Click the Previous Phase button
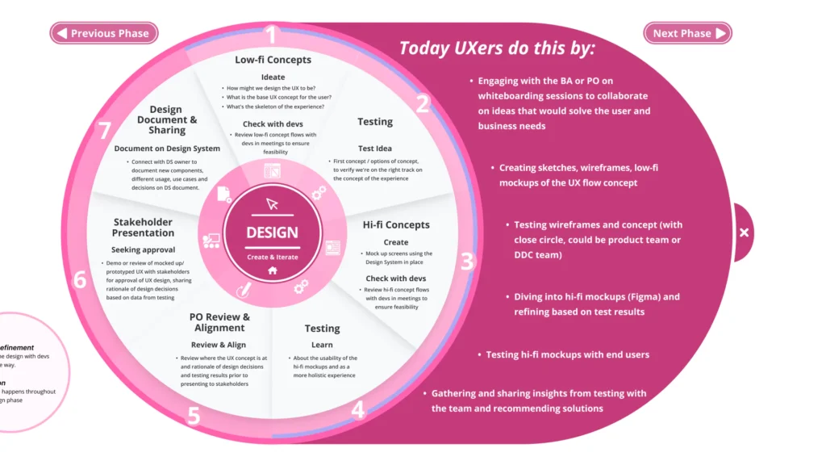104,33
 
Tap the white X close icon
744,232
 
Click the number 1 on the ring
271,35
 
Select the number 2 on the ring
423,104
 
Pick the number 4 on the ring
358,410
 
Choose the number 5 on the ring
194,416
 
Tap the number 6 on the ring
79,280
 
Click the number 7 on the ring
104,131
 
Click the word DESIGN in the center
272,232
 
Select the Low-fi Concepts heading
273,60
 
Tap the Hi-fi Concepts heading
396,224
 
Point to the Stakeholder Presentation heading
143,228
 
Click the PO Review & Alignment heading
219,322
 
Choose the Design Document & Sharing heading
167,119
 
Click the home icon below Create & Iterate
273,271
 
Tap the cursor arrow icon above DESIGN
272,203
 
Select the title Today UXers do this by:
497,48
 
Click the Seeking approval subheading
143,249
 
